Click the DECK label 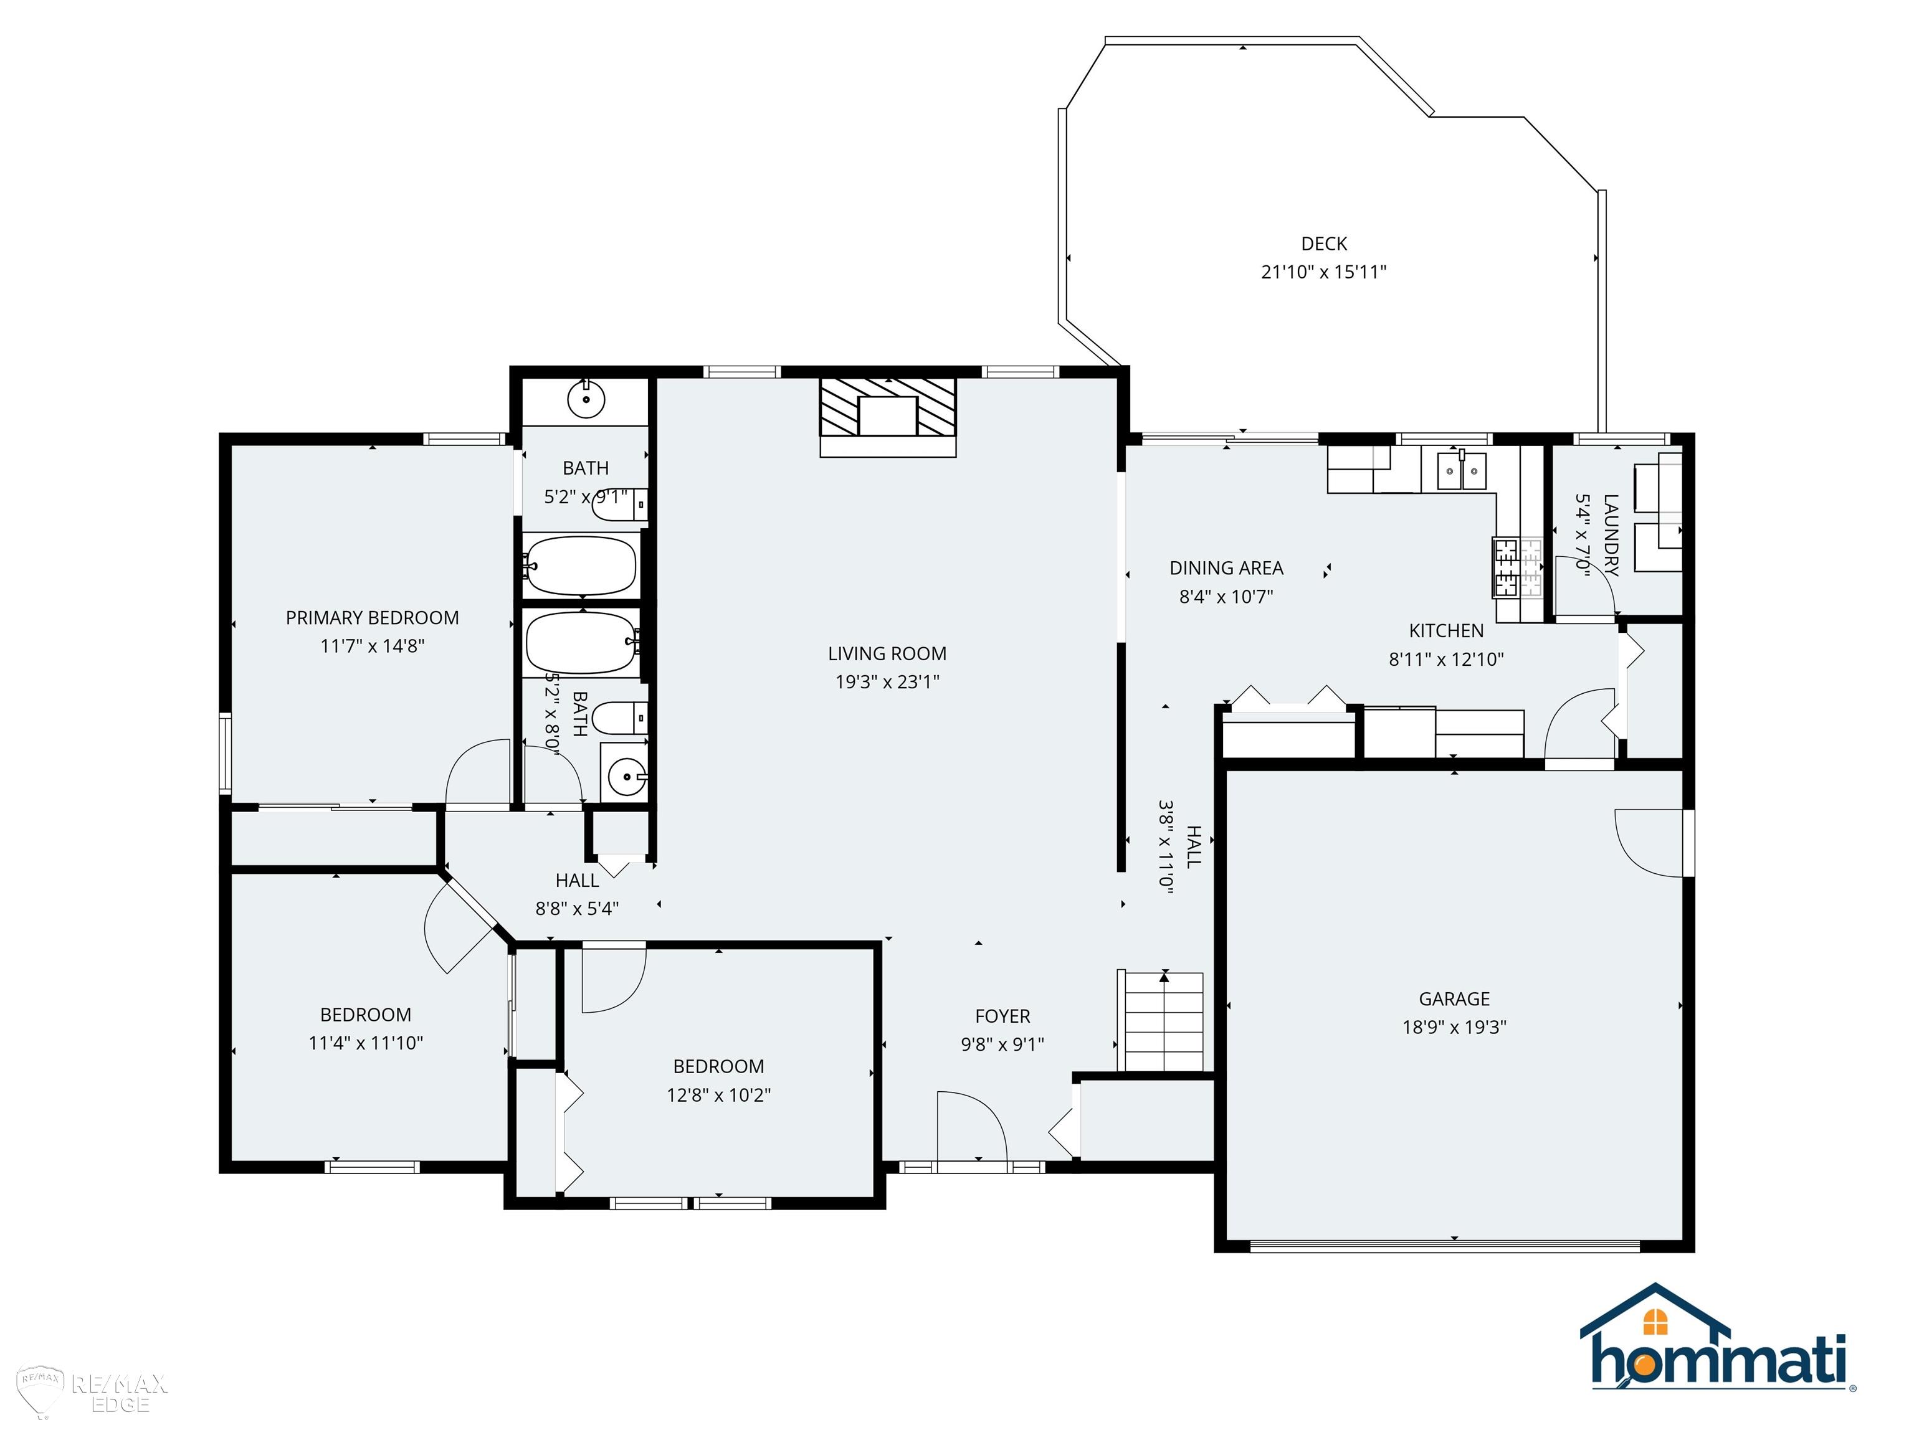coord(1324,244)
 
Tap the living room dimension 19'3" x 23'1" coord(887,681)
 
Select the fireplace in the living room coord(888,417)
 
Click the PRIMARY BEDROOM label coord(372,618)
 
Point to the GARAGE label coord(1455,999)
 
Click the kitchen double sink coord(1462,471)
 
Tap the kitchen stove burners coord(1518,567)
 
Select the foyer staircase coord(1164,1021)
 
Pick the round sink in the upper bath coord(586,400)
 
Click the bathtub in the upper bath coord(581,566)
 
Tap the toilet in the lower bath coord(619,717)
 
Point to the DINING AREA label coord(1226,568)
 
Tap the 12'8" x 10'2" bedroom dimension coord(718,1095)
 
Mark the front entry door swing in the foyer coord(972,1124)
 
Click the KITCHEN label coord(1446,630)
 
